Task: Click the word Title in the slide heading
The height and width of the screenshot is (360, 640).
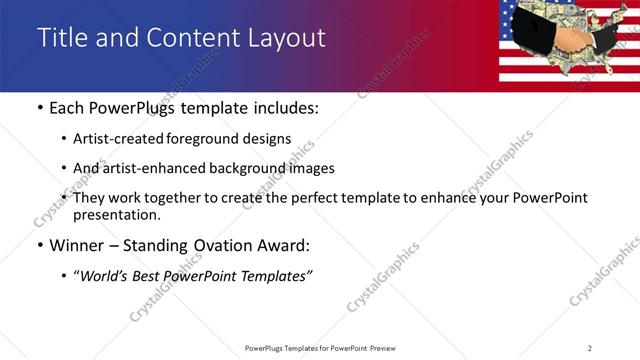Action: point(63,37)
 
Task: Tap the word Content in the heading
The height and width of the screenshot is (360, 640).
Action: point(191,37)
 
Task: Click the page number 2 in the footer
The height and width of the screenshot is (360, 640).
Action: point(590,348)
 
